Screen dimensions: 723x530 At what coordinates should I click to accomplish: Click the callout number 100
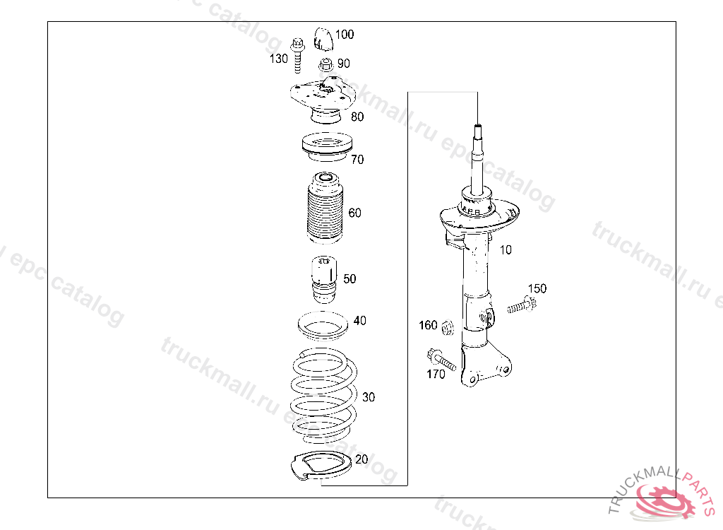[x=345, y=35]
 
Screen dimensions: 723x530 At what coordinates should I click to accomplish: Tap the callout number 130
[x=278, y=59]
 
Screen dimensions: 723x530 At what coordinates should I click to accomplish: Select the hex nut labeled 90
[x=326, y=65]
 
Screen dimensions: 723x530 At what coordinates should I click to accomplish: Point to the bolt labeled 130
[x=297, y=55]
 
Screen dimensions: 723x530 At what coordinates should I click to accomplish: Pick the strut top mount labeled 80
[x=323, y=101]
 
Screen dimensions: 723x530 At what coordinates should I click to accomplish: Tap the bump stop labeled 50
[x=325, y=280]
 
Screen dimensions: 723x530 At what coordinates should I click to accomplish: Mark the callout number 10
[x=506, y=249]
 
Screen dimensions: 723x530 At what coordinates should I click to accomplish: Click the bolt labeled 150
[x=522, y=305]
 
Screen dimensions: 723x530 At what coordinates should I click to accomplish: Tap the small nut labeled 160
[x=446, y=329]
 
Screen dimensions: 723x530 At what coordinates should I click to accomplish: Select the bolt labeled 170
[x=441, y=359]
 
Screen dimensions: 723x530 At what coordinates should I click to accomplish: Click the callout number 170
[x=436, y=374]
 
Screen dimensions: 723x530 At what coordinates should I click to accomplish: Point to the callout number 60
[x=354, y=213]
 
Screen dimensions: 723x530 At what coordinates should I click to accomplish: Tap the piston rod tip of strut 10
[x=478, y=126]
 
